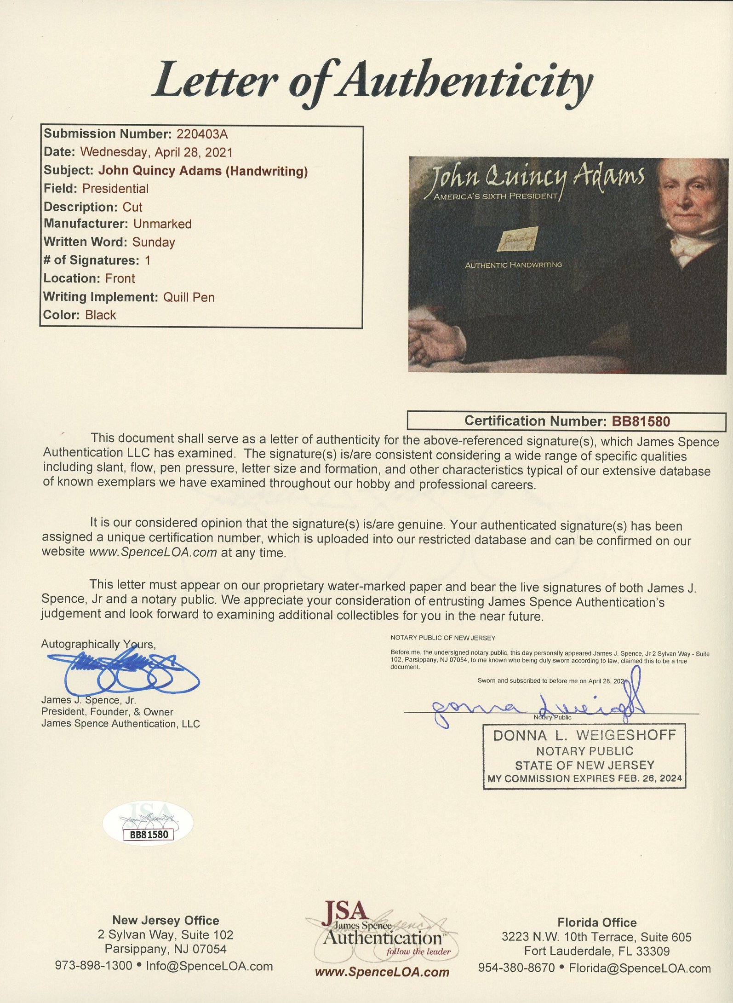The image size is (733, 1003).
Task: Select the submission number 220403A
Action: click(x=202, y=134)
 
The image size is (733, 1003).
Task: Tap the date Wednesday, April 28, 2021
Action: click(x=156, y=152)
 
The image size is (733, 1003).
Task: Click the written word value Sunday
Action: click(x=154, y=242)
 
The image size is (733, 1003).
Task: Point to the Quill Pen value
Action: click(x=189, y=297)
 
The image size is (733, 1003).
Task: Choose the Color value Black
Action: click(x=100, y=315)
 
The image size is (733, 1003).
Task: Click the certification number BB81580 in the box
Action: click(x=641, y=421)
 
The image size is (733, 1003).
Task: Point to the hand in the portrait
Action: click(x=437, y=343)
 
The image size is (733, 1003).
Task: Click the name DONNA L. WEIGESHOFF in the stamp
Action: click(x=584, y=735)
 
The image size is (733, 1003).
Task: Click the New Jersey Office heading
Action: click(x=166, y=920)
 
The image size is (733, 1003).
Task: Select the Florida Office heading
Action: click(x=597, y=922)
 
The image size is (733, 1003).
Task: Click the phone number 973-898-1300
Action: click(x=93, y=965)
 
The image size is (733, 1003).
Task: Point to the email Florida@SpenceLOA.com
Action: click(x=640, y=968)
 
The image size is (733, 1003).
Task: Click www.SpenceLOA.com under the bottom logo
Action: click(x=382, y=972)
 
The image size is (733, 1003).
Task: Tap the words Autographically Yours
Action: click(x=98, y=644)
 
